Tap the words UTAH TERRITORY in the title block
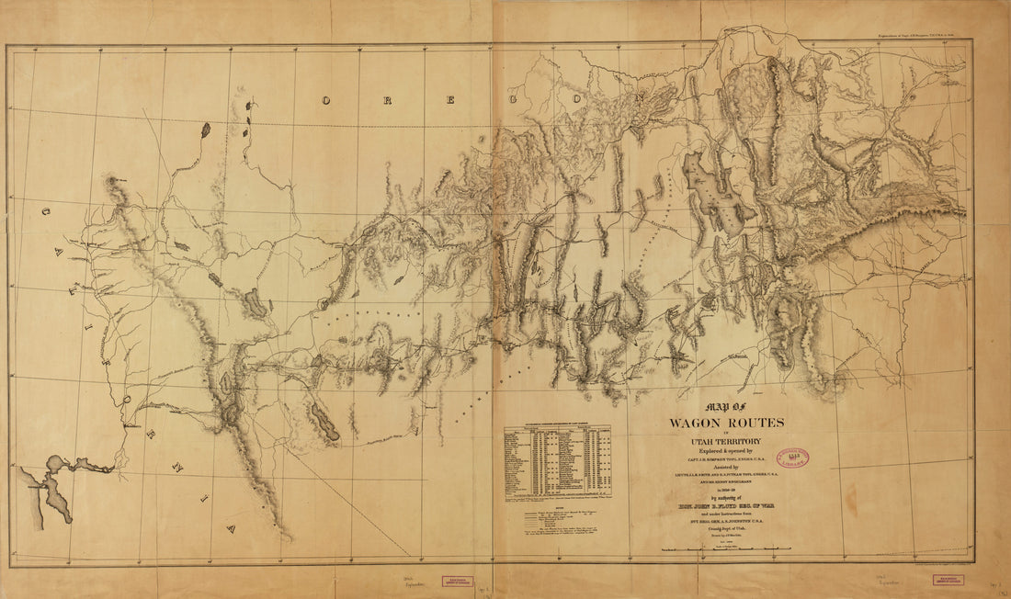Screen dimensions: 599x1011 (725, 442)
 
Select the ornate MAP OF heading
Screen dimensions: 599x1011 (725, 407)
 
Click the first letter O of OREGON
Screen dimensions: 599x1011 (325, 98)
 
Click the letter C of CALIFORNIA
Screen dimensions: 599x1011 (45, 212)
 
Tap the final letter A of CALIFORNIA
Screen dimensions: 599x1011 (232, 528)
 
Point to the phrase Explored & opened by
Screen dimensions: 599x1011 (725, 452)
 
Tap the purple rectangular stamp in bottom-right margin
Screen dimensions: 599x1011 (950, 581)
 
